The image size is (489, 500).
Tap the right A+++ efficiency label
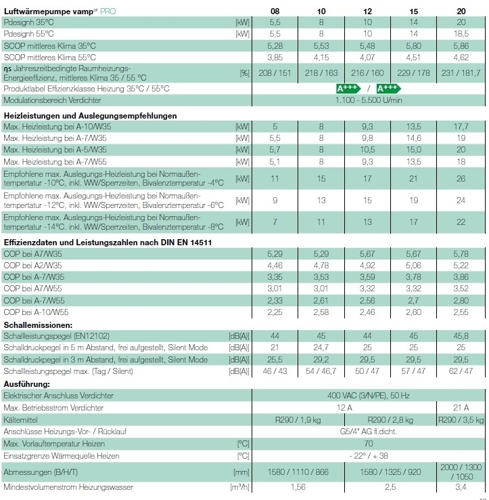[388, 88]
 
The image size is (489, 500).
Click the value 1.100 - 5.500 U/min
[369, 100]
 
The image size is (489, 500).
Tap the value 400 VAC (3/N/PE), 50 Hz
[369, 394]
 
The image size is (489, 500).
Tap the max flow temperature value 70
[369, 444]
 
